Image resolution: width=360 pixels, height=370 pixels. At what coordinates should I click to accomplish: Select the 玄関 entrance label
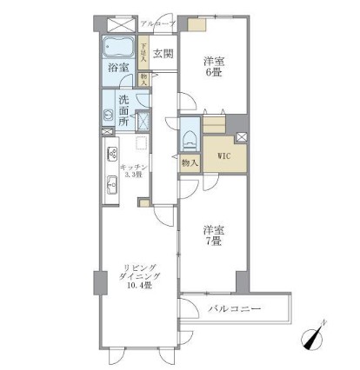click(x=163, y=54)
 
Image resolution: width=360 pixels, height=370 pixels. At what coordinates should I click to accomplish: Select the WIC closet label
click(x=224, y=157)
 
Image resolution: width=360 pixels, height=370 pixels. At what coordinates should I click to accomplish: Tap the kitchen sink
click(x=111, y=184)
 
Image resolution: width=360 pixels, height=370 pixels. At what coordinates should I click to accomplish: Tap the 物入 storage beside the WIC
click(x=189, y=162)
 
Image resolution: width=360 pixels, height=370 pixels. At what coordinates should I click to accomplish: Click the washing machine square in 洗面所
click(x=144, y=121)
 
